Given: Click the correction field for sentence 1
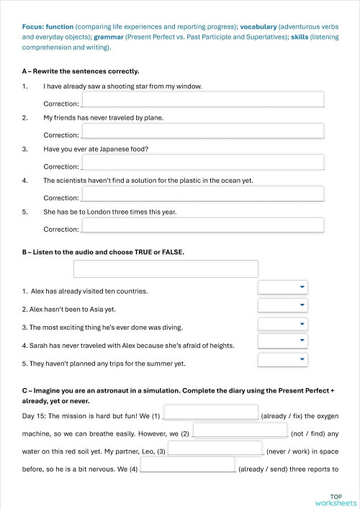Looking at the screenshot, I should [x=202, y=99].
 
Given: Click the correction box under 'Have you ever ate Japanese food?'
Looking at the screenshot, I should [x=202, y=162].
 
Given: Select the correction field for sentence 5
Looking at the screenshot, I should [x=202, y=225].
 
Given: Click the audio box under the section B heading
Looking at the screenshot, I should [x=166, y=269].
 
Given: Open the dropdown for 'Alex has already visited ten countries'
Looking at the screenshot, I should [x=283, y=287].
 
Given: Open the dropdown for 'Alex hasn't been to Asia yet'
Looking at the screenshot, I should [x=283, y=305].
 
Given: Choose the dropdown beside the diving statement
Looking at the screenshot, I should [x=283, y=324].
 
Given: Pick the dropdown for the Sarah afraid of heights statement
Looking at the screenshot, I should [x=283, y=341].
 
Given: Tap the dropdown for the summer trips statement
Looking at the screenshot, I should [x=283, y=359].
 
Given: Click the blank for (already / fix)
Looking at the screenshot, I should [x=211, y=413].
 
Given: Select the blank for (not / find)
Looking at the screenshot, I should [x=240, y=431].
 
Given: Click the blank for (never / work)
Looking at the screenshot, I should [x=215, y=449].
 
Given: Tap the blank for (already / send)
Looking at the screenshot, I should [x=187, y=465].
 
